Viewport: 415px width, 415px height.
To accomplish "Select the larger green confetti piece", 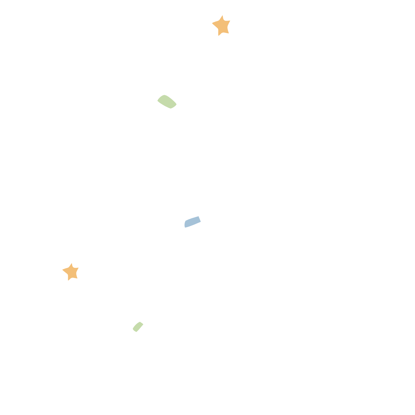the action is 167,102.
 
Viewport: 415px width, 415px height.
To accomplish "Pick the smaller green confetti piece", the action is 138,327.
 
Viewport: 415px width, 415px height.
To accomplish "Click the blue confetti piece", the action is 193,222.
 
